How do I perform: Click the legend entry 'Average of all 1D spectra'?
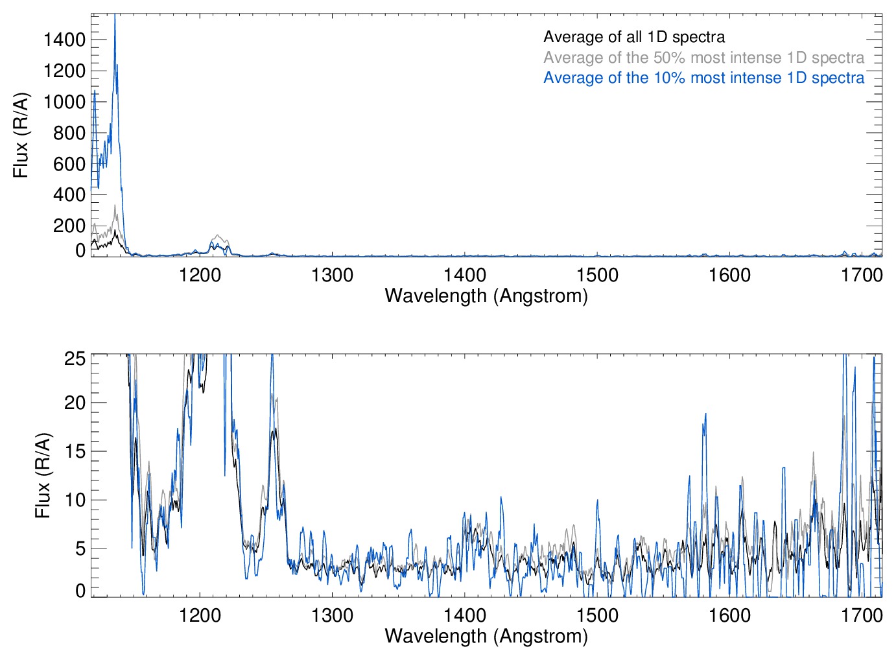pyautogui.click(x=633, y=37)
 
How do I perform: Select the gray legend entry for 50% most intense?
pyautogui.click(x=703, y=58)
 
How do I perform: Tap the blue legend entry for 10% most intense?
pyautogui.click(x=703, y=78)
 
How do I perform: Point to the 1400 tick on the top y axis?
pyautogui.click(x=64, y=40)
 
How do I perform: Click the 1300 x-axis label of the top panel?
pyautogui.click(x=332, y=275)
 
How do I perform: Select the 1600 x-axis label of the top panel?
pyautogui.click(x=729, y=275)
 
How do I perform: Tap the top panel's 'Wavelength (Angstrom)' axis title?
pyautogui.click(x=486, y=296)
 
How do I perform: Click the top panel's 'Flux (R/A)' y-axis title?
pyautogui.click(x=21, y=135)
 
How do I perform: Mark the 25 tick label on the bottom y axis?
pyautogui.click(x=75, y=359)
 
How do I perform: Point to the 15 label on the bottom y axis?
pyautogui.click(x=75, y=451)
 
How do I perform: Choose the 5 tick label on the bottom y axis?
pyautogui.click(x=80, y=548)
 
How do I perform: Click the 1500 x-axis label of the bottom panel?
pyautogui.click(x=597, y=615)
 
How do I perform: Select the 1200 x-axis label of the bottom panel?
pyautogui.click(x=200, y=615)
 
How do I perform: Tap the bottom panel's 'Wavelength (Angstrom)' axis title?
pyautogui.click(x=486, y=636)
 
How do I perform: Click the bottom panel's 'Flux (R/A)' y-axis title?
pyautogui.click(x=43, y=475)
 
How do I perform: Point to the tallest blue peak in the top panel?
pyautogui.click(x=115, y=16)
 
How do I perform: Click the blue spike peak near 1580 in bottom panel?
pyautogui.click(x=705, y=414)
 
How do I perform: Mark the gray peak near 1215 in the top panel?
pyautogui.click(x=218, y=235)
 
